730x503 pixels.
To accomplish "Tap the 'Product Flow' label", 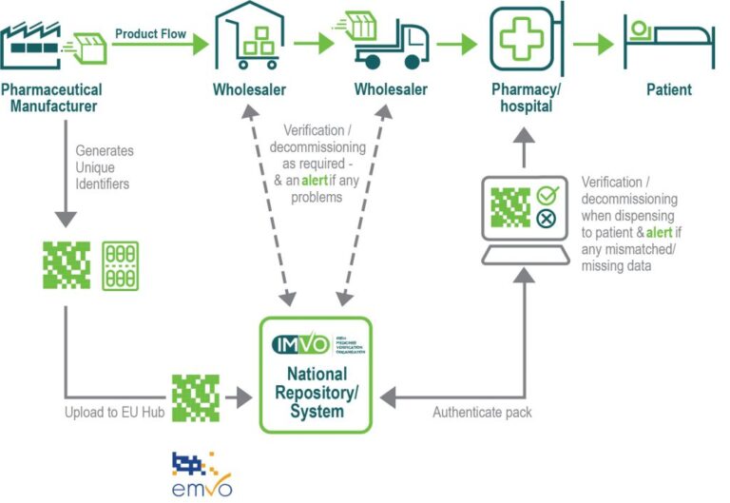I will [x=147, y=33].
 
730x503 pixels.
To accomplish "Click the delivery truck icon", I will [x=390, y=43].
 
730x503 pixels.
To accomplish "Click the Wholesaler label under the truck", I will [x=391, y=90].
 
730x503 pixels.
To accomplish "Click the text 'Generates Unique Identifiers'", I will [x=105, y=166].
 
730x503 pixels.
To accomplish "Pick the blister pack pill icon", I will [x=120, y=264].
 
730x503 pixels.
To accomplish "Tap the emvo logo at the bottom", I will [x=202, y=475].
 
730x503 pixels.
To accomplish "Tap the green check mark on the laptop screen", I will [x=545, y=195].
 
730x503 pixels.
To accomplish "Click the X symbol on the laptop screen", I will [x=545, y=220].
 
